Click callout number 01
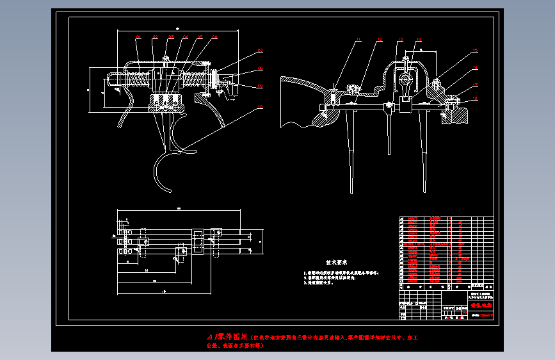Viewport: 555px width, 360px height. [x=138, y=38]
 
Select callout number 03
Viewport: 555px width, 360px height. [x=170, y=38]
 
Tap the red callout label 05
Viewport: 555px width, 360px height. [x=200, y=38]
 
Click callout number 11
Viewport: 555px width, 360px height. [x=358, y=40]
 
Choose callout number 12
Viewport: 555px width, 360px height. [x=380, y=40]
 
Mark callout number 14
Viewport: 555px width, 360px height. [x=419, y=40]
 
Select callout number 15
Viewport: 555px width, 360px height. [x=475, y=50]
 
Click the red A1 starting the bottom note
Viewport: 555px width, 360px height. [x=212, y=336]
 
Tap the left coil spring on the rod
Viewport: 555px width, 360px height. [x=141, y=80]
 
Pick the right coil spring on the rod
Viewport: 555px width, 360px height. [x=191, y=80]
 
